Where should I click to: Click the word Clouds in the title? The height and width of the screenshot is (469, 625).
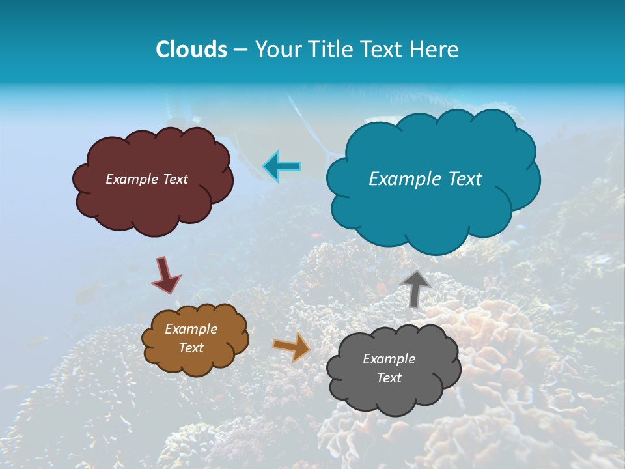191,50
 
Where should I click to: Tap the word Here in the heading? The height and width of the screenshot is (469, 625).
435,50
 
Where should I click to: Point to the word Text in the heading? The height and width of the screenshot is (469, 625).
384,50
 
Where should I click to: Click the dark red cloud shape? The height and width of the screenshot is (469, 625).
153,202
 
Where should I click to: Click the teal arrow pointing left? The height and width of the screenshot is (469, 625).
282,167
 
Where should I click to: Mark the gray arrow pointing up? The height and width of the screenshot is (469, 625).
416,288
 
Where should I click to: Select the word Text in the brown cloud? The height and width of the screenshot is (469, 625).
191,348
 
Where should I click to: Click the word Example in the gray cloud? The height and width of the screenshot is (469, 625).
389,359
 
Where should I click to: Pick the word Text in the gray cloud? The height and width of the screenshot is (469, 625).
389,378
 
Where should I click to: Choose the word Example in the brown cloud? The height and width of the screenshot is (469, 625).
191,329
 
